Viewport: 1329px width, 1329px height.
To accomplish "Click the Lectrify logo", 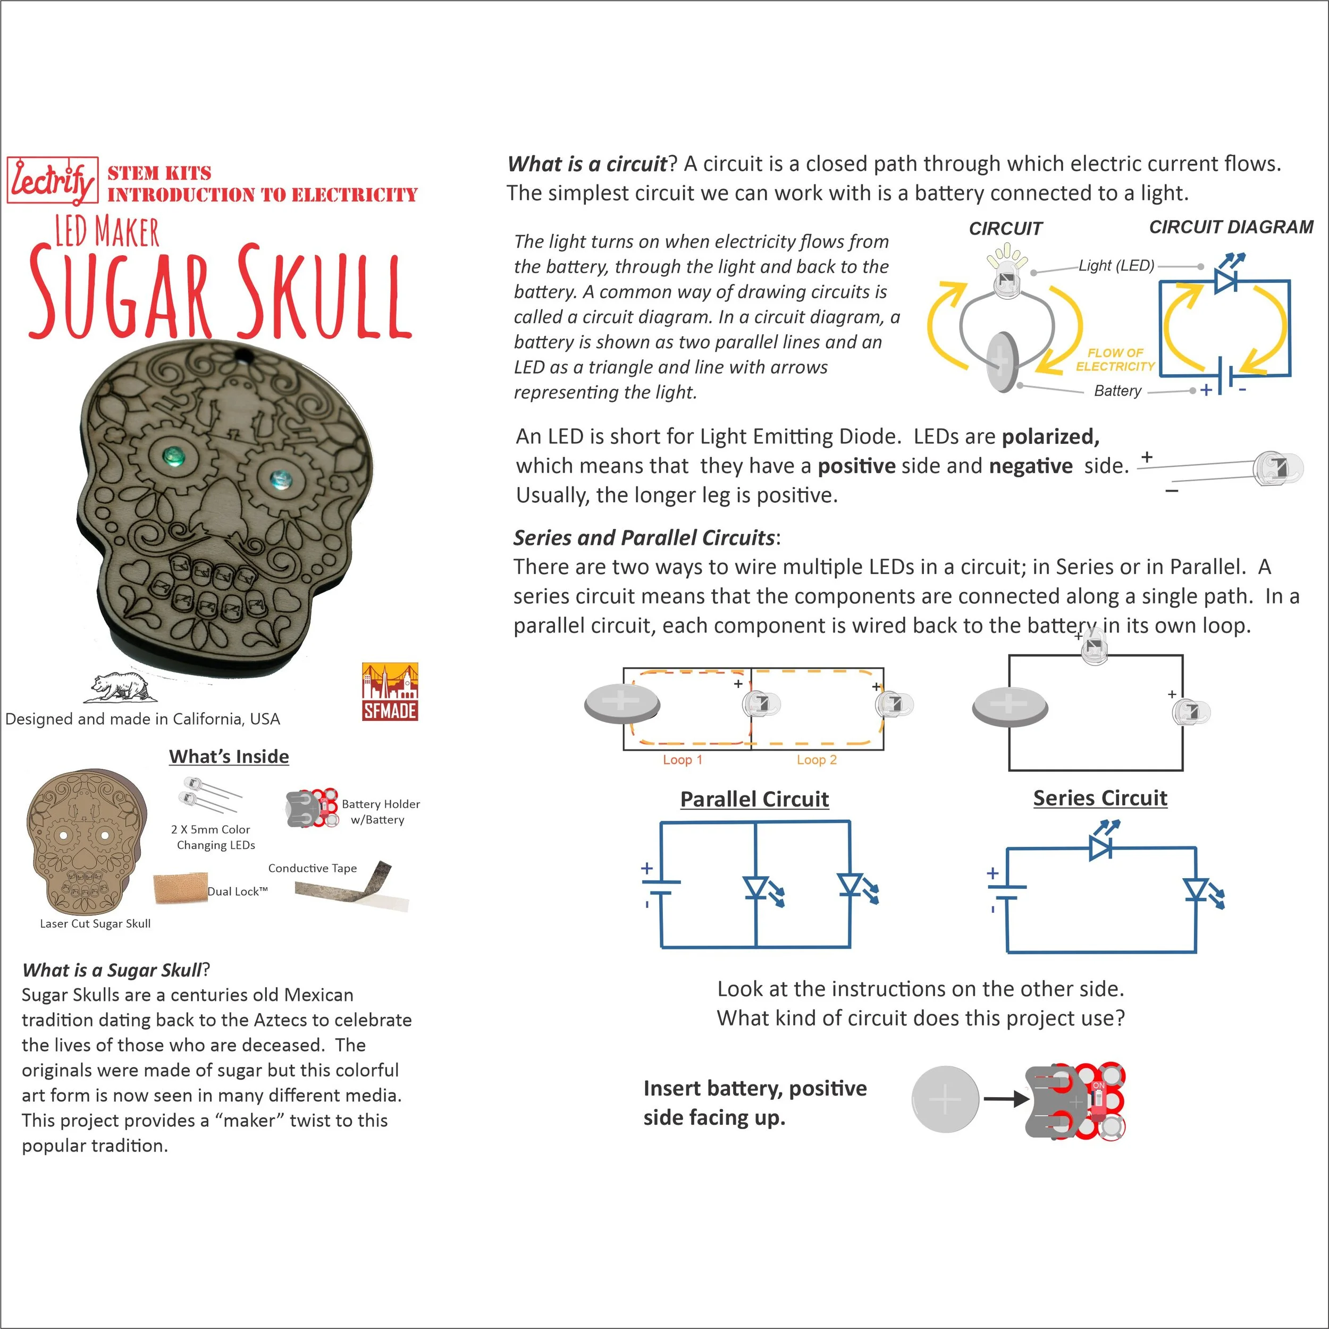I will point(52,181).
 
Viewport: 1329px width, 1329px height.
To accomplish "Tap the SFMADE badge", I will point(390,691).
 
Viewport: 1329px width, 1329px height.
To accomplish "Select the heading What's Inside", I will point(229,756).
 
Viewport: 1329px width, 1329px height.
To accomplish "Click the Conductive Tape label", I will point(312,868).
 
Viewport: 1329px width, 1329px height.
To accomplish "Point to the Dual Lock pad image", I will point(180,888).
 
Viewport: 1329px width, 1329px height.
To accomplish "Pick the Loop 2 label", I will point(817,760).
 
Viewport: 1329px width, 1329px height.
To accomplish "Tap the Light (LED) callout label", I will point(1116,265).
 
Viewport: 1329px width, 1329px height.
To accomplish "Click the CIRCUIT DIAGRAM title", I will point(1231,227).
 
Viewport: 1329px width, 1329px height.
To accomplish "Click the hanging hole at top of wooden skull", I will point(242,355).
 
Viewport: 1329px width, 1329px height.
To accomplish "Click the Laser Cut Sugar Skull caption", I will point(95,923).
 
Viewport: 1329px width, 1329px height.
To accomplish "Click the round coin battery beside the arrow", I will point(945,1099).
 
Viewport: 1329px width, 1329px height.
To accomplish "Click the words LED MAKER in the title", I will point(107,232).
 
